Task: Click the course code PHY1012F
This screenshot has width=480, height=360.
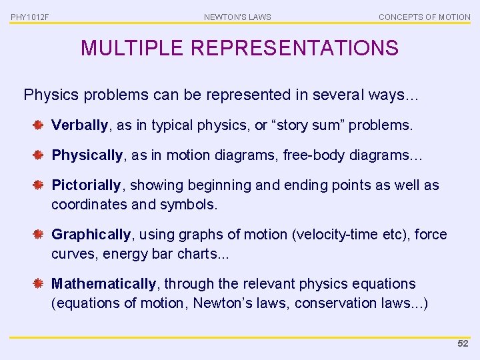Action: (29, 17)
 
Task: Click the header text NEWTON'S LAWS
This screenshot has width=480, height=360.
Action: (237, 17)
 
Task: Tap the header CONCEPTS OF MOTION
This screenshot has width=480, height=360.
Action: (424, 17)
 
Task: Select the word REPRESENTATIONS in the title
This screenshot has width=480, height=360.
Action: (294, 48)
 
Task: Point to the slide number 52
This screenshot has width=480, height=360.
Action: (463, 343)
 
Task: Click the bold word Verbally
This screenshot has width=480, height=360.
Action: (79, 125)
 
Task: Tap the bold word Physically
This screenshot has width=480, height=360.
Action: (87, 155)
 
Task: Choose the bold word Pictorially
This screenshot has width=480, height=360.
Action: (86, 185)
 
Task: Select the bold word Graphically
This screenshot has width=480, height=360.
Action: (91, 234)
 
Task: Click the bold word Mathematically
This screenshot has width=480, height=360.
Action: (103, 283)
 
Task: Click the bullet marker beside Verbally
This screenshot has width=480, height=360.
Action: (39, 125)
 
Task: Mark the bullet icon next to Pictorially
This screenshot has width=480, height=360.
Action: (39, 185)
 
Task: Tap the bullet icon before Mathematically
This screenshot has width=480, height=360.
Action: (39, 283)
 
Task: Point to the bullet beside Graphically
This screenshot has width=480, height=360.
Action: (39, 234)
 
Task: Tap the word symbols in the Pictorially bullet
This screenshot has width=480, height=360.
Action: (193, 204)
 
